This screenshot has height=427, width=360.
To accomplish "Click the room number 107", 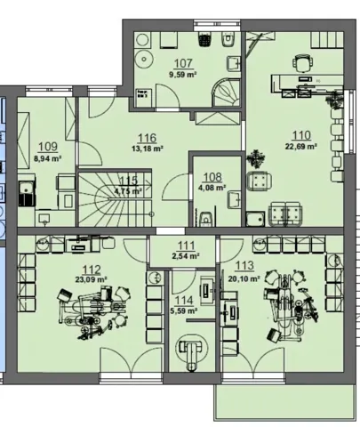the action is click(183, 63).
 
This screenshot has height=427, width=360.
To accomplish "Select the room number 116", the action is click(148, 138).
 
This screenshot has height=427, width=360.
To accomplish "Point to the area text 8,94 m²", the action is click(48, 158).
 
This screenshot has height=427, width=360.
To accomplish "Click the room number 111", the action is click(186, 246).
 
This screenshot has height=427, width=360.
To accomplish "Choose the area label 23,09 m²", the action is click(91, 279).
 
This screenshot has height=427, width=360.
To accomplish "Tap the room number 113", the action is click(244, 266).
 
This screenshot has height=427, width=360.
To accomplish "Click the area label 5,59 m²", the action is click(184, 311).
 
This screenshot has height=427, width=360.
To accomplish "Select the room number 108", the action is click(212, 177).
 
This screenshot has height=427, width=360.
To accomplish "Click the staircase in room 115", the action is click(115, 197).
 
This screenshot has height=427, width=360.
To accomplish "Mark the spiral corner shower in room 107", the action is click(227, 93).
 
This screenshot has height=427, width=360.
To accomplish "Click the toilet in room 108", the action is click(205, 218).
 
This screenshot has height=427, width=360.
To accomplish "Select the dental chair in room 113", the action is click(292, 305).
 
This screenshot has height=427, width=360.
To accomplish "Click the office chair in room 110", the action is click(302, 63).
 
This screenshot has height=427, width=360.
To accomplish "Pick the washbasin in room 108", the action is click(234, 200).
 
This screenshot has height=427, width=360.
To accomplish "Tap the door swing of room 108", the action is click(176, 188).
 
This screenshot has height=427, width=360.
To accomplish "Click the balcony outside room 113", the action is click(284, 402).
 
